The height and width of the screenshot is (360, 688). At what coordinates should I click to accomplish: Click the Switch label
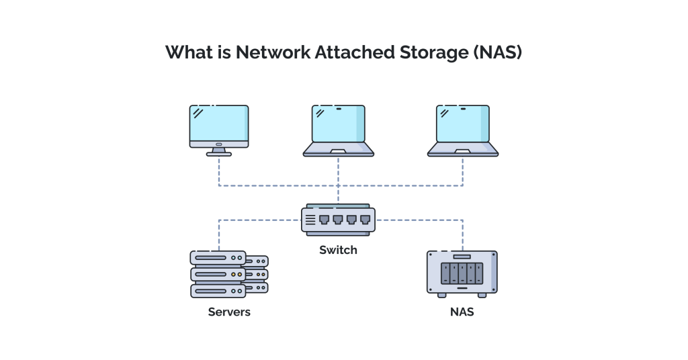[338, 250]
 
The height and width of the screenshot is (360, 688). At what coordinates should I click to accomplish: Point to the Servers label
[229, 312]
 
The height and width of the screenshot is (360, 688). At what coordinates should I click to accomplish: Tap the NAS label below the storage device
[462, 312]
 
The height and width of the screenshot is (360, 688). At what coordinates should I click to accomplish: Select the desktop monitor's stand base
[219, 154]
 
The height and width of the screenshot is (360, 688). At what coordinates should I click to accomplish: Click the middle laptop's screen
[338, 124]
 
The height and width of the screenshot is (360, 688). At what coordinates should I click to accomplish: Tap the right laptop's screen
[463, 124]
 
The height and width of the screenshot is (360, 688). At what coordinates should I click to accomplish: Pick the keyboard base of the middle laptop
[338, 150]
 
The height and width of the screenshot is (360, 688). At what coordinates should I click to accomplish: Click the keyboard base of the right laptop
[463, 150]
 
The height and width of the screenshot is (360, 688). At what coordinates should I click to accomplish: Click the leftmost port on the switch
[324, 220]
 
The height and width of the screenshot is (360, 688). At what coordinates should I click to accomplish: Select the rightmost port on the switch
[365, 220]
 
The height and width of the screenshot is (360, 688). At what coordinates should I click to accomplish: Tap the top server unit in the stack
[218, 257]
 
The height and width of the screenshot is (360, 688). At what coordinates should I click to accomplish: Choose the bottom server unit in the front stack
[218, 291]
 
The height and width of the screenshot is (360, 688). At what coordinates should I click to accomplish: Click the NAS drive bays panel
[462, 273]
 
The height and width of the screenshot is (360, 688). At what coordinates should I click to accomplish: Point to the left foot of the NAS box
[441, 295]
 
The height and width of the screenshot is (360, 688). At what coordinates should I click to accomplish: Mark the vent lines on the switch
[310, 220]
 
